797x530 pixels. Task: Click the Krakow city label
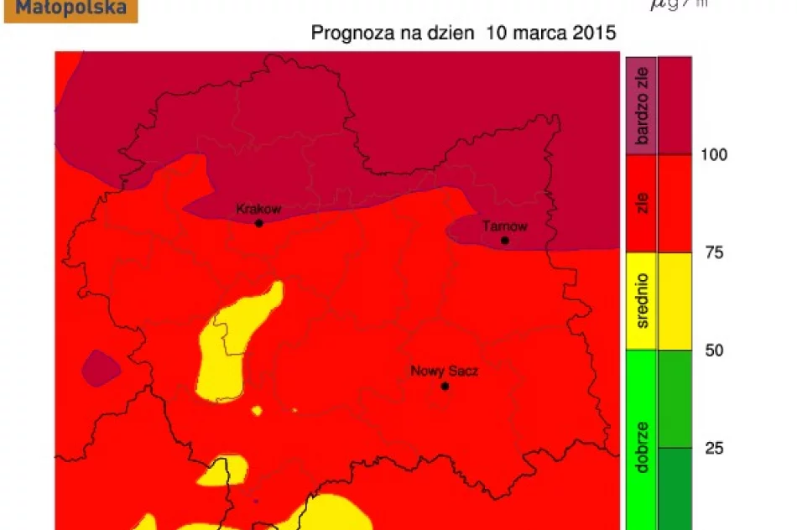coord(258,209)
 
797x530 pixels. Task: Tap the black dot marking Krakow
coord(259,224)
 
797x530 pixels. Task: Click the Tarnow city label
coord(505,226)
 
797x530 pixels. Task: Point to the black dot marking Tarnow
coord(505,241)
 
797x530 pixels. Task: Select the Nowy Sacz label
coord(444,371)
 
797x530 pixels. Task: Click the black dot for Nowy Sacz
coord(445,387)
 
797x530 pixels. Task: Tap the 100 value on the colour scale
coord(715,154)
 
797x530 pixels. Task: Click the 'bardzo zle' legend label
coord(643,106)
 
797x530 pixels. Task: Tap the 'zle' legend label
coord(643,203)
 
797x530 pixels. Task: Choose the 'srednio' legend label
coord(643,301)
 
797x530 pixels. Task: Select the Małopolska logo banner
coord(70,9)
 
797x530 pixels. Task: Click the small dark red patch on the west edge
coord(101,369)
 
